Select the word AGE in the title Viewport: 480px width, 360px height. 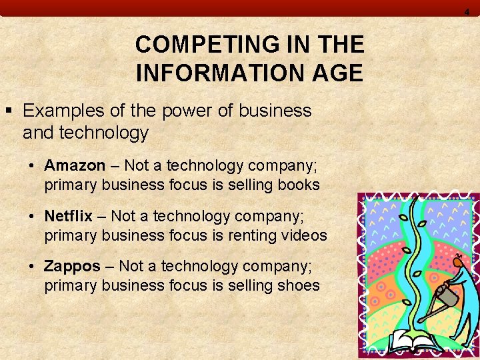tap(339, 73)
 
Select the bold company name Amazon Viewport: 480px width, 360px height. tap(75, 165)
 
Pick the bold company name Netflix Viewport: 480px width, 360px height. tap(69, 216)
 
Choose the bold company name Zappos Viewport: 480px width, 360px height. tap(72, 267)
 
